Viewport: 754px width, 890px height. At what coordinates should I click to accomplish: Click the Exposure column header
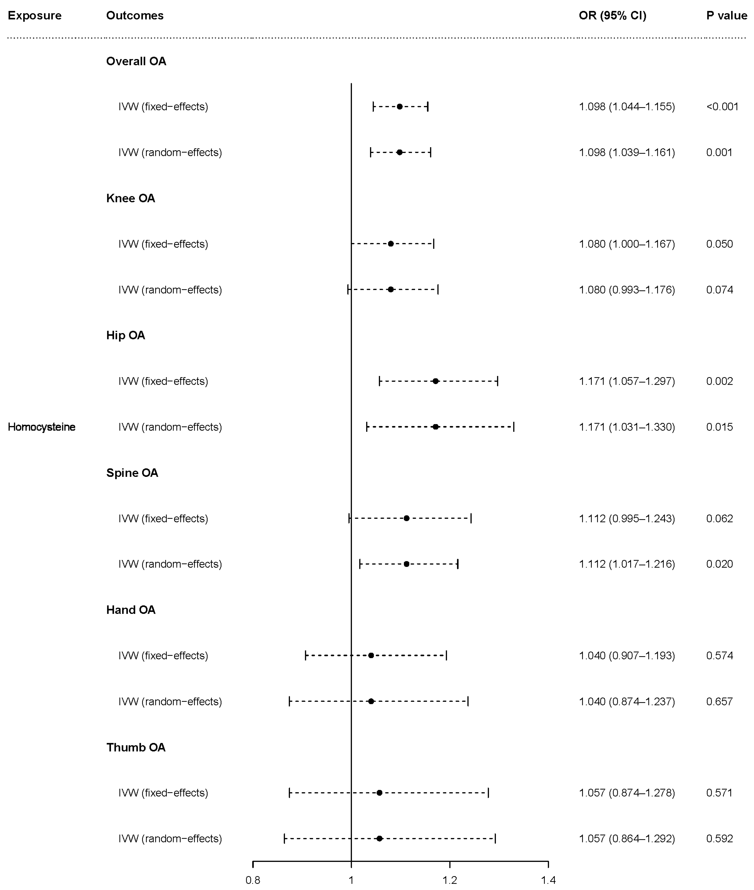click(x=35, y=16)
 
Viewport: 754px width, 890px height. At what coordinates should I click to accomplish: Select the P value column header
click(x=727, y=16)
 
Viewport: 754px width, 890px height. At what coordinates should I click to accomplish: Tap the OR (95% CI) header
click(x=612, y=16)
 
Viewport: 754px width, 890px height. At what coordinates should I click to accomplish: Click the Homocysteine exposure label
click(x=41, y=427)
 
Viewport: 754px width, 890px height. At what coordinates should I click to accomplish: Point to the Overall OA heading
click(x=136, y=62)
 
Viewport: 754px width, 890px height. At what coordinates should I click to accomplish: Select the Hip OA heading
click(x=126, y=335)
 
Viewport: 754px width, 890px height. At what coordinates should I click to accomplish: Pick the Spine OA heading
click(x=132, y=473)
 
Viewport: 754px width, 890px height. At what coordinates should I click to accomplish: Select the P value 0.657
click(x=719, y=702)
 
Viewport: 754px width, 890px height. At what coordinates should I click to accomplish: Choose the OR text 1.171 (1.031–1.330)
click(x=627, y=427)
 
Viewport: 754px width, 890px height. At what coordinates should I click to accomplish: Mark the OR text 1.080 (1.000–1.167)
click(x=627, y=244)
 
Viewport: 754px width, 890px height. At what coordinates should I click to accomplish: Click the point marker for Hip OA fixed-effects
click(x=436, y=381)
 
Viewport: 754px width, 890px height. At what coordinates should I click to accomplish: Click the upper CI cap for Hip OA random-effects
click(x=514, y=427)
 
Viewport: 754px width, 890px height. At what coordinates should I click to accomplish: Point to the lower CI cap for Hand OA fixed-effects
click(x=306, y=655)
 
